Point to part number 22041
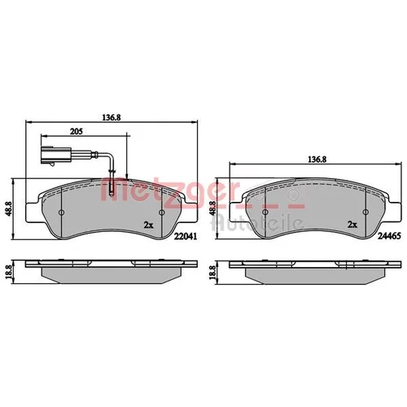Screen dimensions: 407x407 (x=186, y=236)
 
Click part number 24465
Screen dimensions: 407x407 (x=389, y=236)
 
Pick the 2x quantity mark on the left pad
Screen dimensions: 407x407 (x=149, y=225)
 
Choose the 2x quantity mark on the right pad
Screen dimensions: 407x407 (x=352, y=225)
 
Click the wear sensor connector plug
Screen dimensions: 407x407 (x=56, y=155)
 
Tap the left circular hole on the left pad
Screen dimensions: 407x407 (x=62, y=212)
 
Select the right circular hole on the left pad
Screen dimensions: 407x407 (x=162, y=212)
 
